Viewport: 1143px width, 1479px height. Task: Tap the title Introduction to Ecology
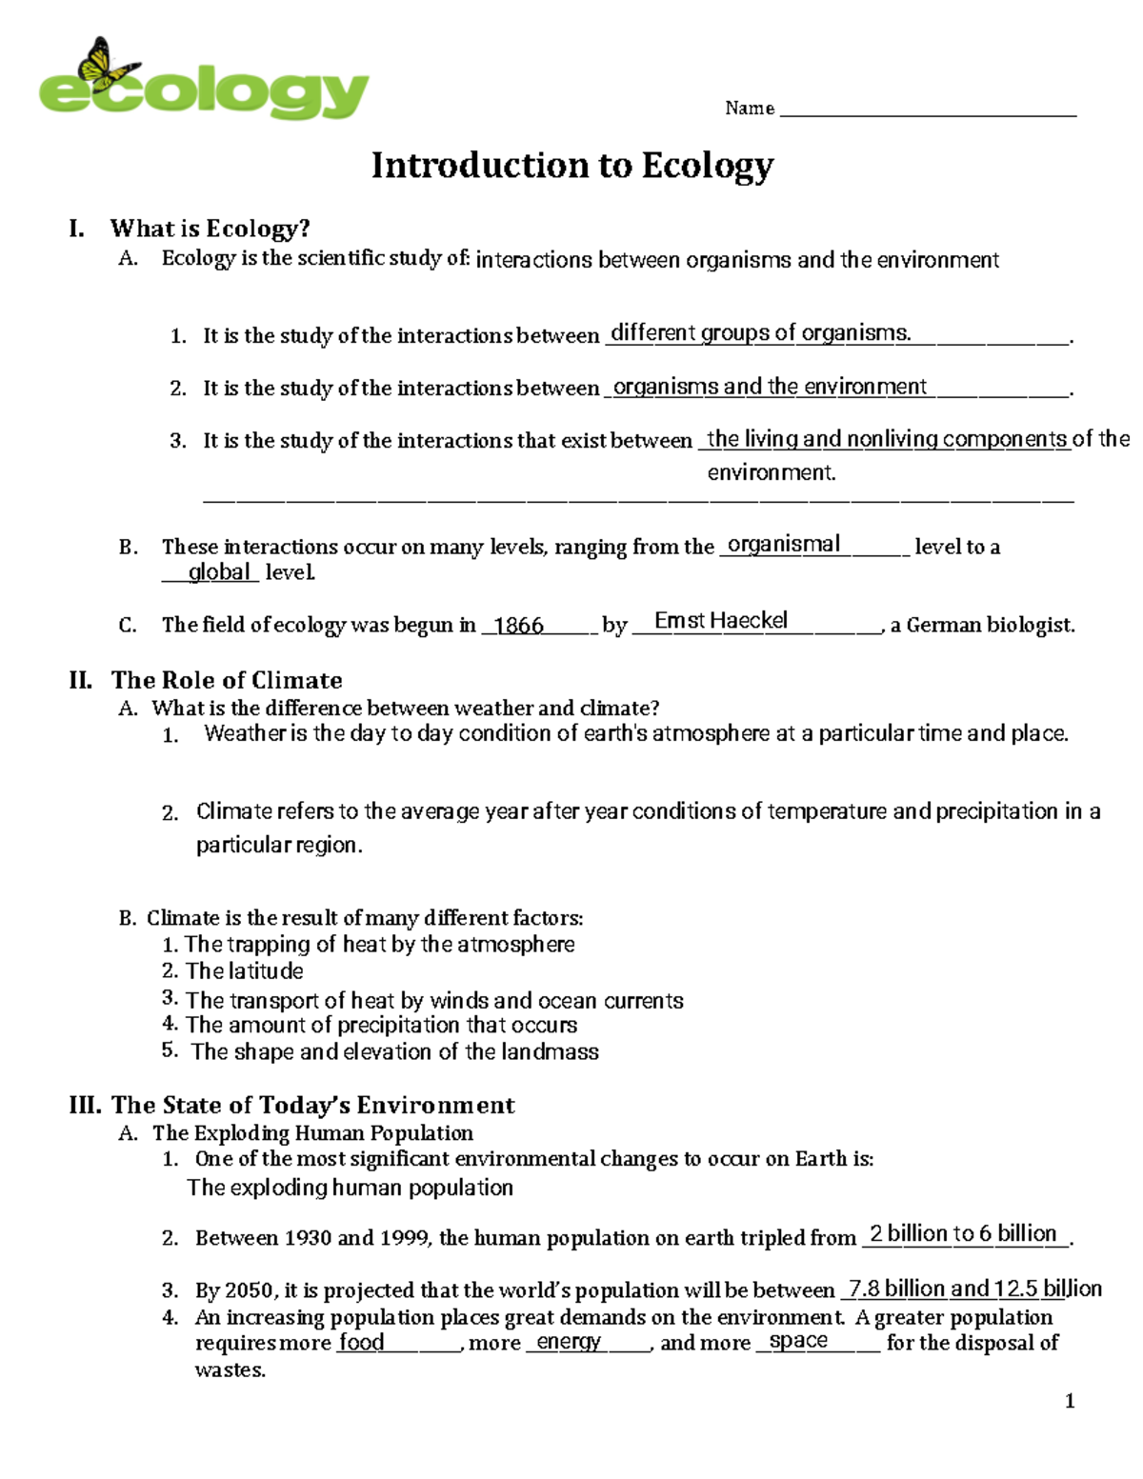(x=571, y=166)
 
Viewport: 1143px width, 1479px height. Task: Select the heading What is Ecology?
(x=210, y=229)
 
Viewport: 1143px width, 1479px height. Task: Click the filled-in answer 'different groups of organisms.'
(x=760, y=333)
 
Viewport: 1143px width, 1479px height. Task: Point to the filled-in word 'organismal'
(x=783, y=544)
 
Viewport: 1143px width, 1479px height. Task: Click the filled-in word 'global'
(x=219, y=572)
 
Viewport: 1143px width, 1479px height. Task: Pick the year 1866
(x=519, y=626)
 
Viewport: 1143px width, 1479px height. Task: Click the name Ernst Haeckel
(x=721, y=621)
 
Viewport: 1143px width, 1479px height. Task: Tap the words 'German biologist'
(x=990, y=626)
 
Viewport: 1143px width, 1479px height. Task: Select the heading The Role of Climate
(x=227, y=680)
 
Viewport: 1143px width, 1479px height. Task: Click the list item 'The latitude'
(x=244, y=971)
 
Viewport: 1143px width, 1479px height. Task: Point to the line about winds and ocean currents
(x=434, y=1001)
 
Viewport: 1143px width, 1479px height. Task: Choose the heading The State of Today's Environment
(x=312, y=1105)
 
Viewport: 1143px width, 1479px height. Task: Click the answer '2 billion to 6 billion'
(x=963, y=1234)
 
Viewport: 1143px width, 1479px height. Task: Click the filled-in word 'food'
(x=362, y=1343)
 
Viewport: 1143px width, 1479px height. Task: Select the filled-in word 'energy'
(x=569, y=1343)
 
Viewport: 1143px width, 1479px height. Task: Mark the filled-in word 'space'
(x=798, y=1341)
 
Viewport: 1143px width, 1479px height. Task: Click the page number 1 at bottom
(x=1070, y=1401)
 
